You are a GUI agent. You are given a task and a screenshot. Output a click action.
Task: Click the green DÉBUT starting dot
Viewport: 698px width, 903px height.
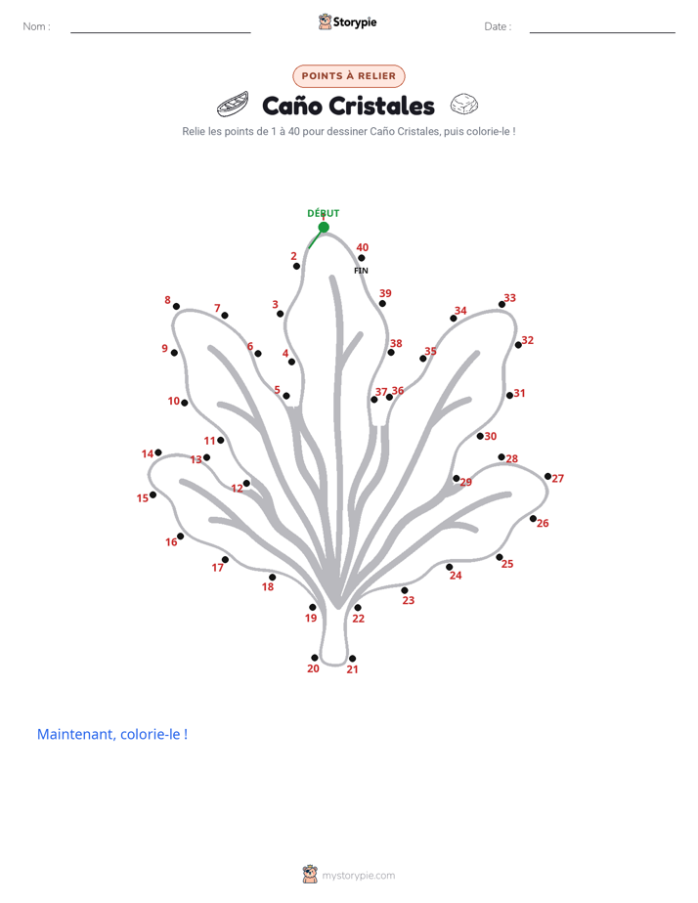pyautogui.click(x=324, y=228)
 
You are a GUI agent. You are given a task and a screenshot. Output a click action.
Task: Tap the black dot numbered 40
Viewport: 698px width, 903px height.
pyautogui.click(x=361, y=258)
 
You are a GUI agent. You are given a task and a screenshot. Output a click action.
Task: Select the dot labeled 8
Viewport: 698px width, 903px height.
pyautogui.click(x=176, y=307)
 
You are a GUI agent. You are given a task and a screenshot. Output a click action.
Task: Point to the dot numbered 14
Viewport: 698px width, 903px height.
pyautogui.click(x=158, y=452)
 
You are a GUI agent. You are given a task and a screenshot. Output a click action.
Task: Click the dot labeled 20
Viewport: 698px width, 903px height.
pyautogui.click(x=315, y=658)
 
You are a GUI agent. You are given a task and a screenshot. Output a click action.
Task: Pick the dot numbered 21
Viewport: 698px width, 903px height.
pyautogui.click(x=353, y=659)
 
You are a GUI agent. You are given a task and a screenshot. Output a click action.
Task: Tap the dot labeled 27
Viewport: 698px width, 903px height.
pyautogui.click(x=547, y=476)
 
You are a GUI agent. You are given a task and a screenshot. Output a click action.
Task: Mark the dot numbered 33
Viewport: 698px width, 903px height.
pyautogui.click(x=502, y=304)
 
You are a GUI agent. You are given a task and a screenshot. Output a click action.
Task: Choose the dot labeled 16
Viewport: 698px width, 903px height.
pyautogui.click(x=180, y=537)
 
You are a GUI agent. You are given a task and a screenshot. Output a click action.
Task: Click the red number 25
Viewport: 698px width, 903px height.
pyautogui.click(x=507, y=564)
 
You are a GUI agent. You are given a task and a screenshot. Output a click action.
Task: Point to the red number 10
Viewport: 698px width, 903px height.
pyautogui.click(x=174, y=401)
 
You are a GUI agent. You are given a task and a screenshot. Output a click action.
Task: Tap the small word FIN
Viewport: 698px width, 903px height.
pyautogui.click(x=361, y=271)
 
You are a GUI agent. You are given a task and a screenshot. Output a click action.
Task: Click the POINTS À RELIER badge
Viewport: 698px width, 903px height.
pyautogui.click(x=349, y=76)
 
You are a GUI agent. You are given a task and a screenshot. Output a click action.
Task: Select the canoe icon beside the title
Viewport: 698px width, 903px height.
pyautogui.click(x=233, y=104)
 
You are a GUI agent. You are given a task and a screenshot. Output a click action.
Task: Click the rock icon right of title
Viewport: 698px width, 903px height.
pyautogui.click(x=464, y=105)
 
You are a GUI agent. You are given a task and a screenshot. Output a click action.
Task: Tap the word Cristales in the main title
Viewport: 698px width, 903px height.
pyautogui.click(x=382, y=106)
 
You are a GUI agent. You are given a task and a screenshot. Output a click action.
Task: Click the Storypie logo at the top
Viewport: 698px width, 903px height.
pyautogui.click(x=347, y=21)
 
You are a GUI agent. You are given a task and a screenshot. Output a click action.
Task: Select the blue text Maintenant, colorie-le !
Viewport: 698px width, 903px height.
pyautogui.click(x=112, y=734)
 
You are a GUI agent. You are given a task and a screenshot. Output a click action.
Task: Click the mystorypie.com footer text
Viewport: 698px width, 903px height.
pyautogui.click(x=358, y=876)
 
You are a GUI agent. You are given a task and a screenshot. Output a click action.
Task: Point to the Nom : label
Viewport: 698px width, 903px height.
pyautogui.click(x=37, y=26)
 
